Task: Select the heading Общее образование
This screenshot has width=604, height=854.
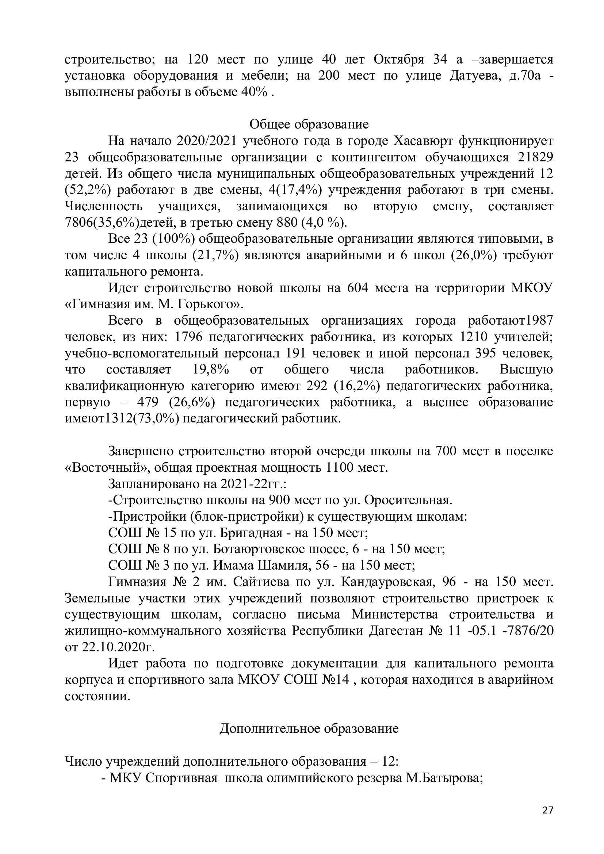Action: (x=309, y=124)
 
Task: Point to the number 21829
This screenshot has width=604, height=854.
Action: (x=536, y=157)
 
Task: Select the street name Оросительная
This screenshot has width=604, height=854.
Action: (x=408, y=500)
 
